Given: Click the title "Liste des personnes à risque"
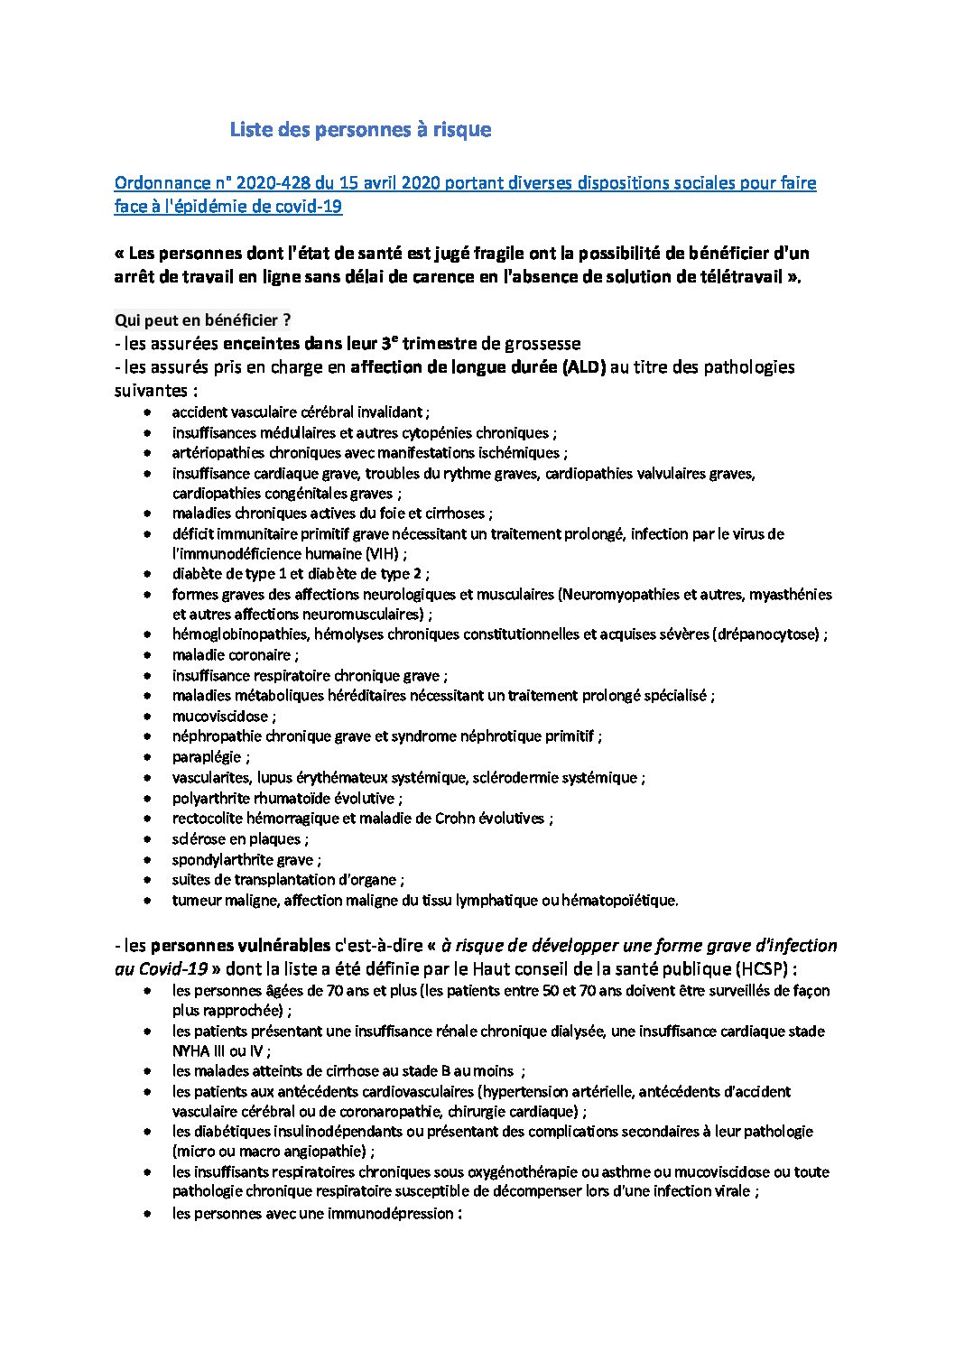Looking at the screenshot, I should coord(360,130).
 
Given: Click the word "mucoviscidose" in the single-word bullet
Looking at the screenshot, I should coord(220,717).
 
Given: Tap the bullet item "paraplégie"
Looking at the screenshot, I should coord(207,757).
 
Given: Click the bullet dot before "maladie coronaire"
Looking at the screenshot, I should coord(147,655).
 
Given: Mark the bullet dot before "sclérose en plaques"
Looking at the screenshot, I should coord(147,839).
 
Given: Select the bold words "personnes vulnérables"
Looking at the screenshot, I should coord(240,947).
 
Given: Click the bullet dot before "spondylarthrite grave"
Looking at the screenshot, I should coord(147,860).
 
